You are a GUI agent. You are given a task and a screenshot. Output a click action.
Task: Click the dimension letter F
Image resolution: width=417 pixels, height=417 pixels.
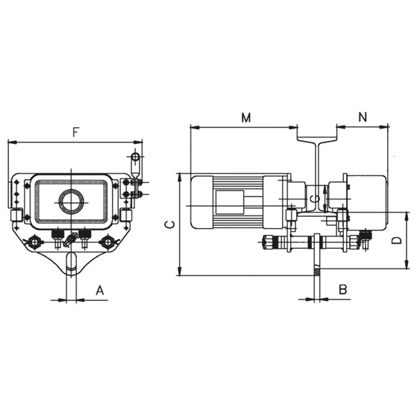(x=74, y=131)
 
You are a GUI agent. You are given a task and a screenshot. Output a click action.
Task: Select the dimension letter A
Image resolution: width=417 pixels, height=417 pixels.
(x=99, y=290)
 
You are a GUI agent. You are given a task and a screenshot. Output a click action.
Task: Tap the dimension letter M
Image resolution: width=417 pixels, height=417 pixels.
(x=246, y=117)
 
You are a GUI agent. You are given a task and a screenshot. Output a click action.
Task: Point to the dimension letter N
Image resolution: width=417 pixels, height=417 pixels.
(x=363, y=117)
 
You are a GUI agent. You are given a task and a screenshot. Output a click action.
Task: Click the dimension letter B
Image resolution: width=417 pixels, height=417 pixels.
(x=343, y=289)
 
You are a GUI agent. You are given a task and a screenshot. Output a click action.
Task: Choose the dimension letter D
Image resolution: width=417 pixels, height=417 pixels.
(x=395, y=240)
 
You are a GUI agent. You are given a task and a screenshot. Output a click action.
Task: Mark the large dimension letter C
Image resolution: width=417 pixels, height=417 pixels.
(x=167, y=224)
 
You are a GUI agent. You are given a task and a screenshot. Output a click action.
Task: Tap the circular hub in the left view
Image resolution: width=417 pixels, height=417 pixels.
(x=71, y=202)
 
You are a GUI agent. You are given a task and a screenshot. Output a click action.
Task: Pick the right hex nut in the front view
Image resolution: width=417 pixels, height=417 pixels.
(x=108, y=242)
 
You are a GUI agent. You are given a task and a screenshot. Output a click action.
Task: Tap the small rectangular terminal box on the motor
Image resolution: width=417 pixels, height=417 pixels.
(x=227, y=202)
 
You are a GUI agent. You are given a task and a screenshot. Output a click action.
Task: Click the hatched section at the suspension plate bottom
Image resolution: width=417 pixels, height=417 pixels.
(x=317, y=272)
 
